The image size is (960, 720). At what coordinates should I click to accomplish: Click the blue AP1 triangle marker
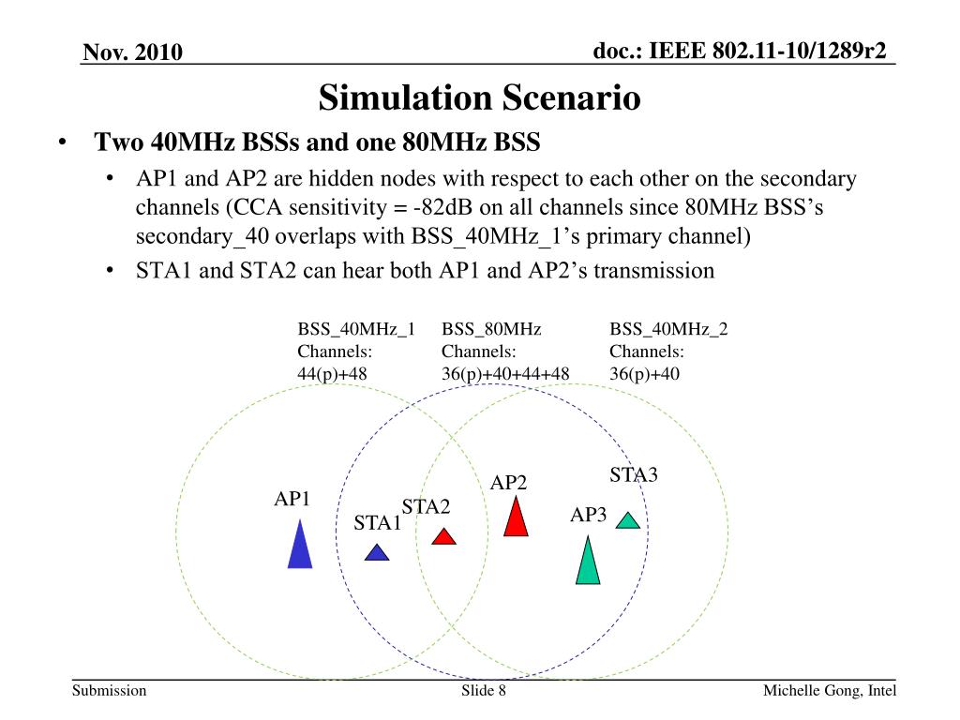[x=299, y=547]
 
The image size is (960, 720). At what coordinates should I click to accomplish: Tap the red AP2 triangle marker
[x=516, y=518]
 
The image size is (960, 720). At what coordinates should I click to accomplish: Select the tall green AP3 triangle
[x=587, y=563]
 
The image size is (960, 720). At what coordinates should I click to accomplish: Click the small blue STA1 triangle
[x=376, y=553]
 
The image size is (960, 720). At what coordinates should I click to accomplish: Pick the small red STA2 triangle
[x=443, y=537]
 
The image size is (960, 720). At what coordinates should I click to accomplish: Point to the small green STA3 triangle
[x=628, y=520]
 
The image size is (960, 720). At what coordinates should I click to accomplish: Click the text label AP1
[x=292, y=499]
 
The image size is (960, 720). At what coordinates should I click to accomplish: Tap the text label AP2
[x=508, y=483]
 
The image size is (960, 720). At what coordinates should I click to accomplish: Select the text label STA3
[x=634, y=474]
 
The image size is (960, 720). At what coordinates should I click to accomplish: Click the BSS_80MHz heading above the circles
[x=491, y=329]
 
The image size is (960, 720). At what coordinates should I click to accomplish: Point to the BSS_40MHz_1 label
[x=356, y=329]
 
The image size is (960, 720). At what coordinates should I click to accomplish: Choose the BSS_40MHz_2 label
[x=668, y=329]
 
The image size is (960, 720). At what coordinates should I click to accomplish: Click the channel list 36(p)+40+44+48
[x=505, y=373]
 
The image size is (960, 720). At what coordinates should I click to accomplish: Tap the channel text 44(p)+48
[x=332, y=373]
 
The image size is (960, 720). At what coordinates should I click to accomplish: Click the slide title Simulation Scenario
[x=479, y=97]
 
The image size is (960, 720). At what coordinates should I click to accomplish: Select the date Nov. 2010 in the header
[x=132, y=52]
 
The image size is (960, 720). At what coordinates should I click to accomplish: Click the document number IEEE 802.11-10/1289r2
[x=740, y=51]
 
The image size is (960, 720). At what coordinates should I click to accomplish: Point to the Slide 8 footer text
[x=484, y=691]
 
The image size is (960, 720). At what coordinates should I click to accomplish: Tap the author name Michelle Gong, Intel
[x=829, y=691]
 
